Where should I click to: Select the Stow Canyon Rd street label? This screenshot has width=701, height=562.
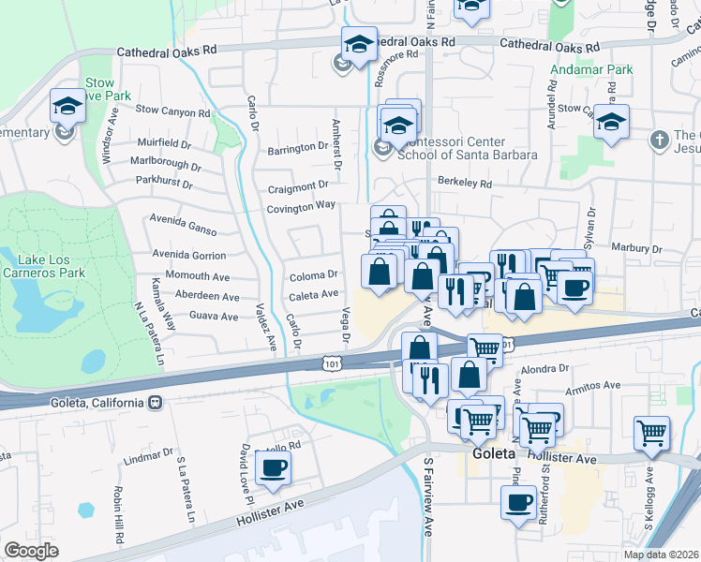click(x=173, y=111)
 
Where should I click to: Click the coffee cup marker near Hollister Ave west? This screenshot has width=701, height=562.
click(x=273, y=468)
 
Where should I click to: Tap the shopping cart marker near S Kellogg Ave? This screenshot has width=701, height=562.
click(x=651, y=433)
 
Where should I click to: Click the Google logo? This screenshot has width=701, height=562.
click(x=31, y=551)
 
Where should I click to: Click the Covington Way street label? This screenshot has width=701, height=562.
click(x=301, y=206)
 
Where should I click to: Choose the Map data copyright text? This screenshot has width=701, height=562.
click(x=661, y=555)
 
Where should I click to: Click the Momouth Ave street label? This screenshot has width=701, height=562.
click(x=197, y=277)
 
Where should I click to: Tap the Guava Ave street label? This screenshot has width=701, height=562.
click(x=214, y=317)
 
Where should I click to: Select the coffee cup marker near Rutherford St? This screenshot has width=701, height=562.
click(x=518, y=504)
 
